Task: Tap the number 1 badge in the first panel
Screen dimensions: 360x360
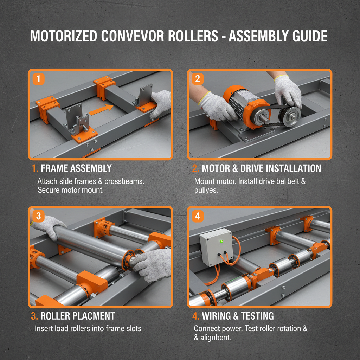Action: pyautogui.click(x=38, y=78)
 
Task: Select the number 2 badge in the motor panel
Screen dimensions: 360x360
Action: pyautogui.click(x=197, y=78)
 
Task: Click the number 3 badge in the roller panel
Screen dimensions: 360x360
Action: pyautogui.click(x=38, y=216)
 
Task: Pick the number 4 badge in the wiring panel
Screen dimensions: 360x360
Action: pyautogui.click(x=197, y=216)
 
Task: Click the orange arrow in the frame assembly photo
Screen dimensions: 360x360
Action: pyautogui.click(x=101, y=110)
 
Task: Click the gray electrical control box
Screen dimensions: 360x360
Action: pyautogui.click(x=216, y=246)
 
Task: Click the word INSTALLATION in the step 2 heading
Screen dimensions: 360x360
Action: pyautogui.click(x=294, y=168)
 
